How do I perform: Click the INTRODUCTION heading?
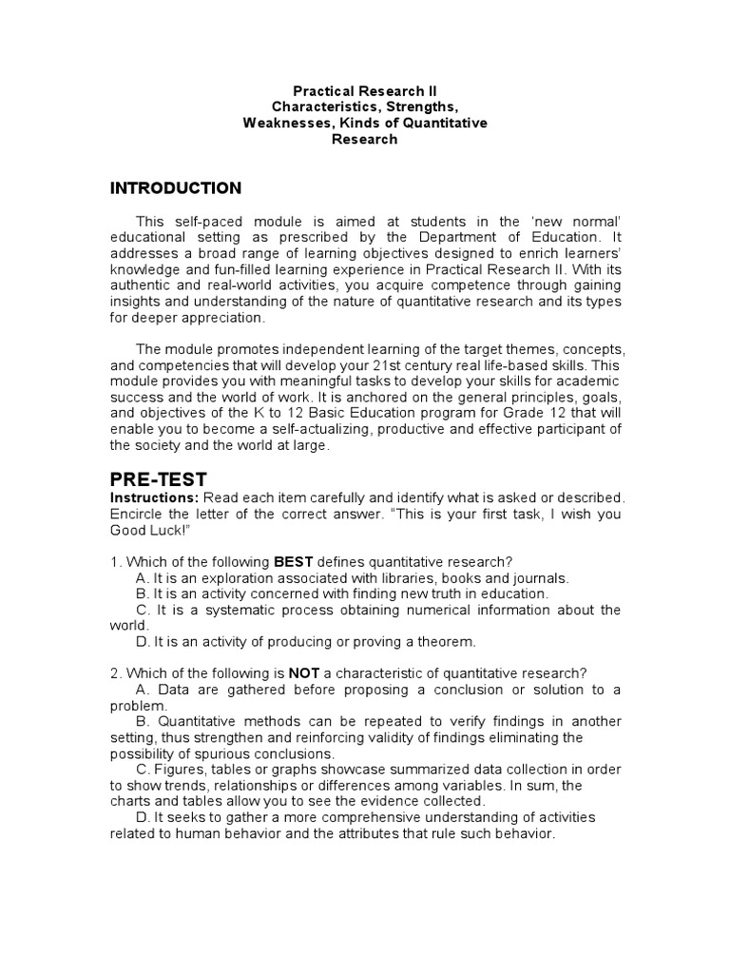[176, 187]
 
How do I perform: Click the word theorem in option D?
[448, 641]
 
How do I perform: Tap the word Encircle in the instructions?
[138, 515]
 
